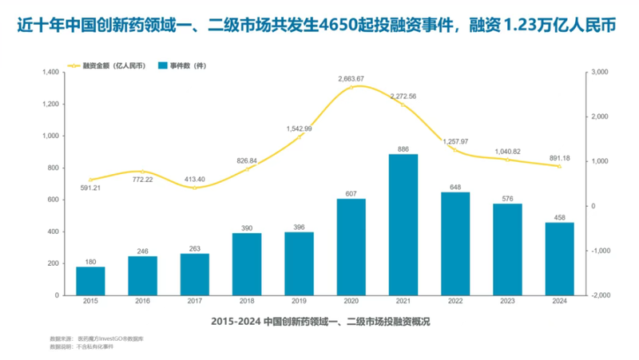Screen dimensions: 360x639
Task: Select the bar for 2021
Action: coord(403,224)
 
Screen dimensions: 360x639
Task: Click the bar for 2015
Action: coord(90,281)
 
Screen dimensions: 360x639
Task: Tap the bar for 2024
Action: coord(560,259)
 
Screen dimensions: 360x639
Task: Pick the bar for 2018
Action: coord(247,264)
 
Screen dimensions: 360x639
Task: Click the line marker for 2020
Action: coord(351,87)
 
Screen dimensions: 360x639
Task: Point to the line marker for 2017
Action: coord(195,188)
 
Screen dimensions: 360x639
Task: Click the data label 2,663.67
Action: coord(351,78)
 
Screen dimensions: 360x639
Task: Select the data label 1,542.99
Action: coord(300,129)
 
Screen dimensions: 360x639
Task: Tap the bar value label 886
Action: coord(403,148)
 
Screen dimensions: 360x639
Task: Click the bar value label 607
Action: coord(351,193)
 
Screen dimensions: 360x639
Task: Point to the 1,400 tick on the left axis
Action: coord(51,73)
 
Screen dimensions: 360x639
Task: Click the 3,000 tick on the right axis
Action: coord(599,73)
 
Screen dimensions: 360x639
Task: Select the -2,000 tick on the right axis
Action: coord(599,295)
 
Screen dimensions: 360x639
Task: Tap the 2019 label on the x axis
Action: coord(300,303)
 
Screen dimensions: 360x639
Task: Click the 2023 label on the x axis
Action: coord(508,303)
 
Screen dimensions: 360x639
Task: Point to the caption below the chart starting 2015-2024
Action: coord(320,321)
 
